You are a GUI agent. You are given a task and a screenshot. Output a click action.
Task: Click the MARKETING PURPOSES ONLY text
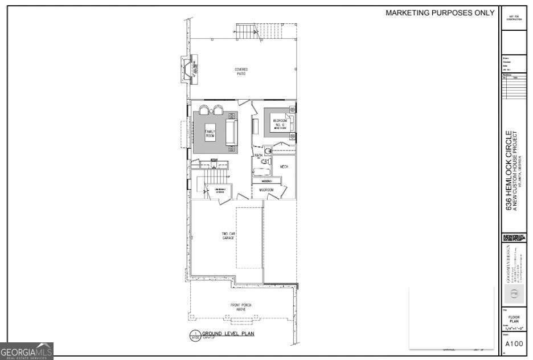coord(440,13)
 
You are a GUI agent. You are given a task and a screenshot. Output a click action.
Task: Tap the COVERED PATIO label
coord(241,71)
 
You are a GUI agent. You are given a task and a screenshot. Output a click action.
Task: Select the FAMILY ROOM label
coord(210,134)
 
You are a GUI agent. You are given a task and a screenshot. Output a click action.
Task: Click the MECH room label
coord(284,166)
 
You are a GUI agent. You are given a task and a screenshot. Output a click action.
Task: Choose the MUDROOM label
coord(266,190)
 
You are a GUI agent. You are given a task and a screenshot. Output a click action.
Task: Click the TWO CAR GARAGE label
coord(228,236)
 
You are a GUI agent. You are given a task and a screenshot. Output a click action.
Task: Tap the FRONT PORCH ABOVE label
coord(241,307)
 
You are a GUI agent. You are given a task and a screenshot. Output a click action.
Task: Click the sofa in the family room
coord(231,132)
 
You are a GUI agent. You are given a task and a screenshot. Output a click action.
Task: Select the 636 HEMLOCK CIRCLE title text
coord(510,171)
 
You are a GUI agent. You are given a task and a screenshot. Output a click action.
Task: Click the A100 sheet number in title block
coord(514,343)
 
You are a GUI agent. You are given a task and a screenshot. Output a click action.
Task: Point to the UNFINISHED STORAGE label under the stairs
coord(220,190)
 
